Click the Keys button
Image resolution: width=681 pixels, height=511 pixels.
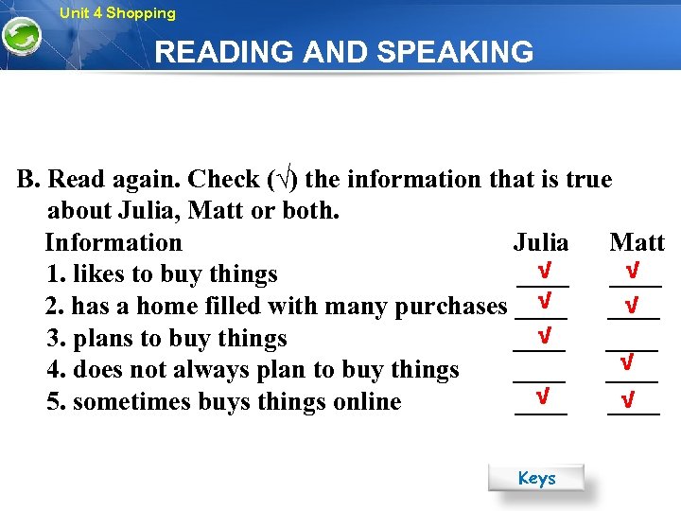536,478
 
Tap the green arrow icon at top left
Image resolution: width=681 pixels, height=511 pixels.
20,37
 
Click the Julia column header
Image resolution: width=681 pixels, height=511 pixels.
541,242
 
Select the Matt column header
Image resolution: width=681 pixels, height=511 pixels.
637,242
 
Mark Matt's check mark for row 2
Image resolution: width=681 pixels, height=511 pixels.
632,307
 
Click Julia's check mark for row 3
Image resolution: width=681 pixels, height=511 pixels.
544,335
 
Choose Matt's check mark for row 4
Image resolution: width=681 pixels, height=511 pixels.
625,362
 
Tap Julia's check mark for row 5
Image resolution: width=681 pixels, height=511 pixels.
542,395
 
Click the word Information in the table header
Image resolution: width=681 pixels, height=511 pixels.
113,242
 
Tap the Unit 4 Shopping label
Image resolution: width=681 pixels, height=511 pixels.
117,13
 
